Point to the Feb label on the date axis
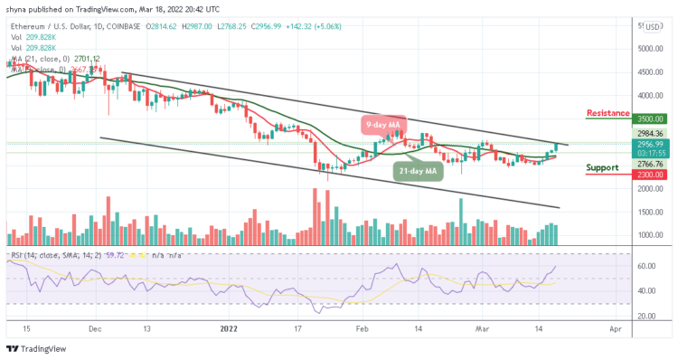363,331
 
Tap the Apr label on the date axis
615,331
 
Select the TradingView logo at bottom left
36,350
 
